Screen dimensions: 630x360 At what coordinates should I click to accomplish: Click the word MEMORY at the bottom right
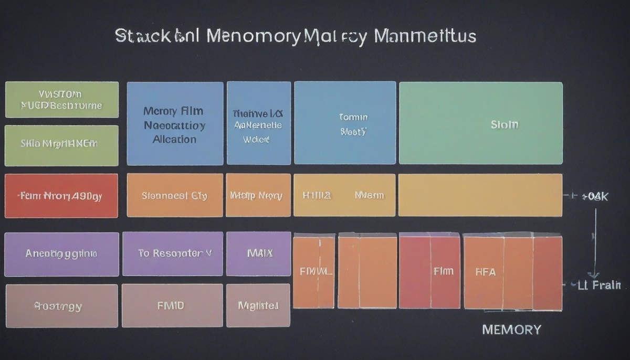[511, 330]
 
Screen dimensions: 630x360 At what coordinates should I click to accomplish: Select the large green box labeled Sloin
[480, 123]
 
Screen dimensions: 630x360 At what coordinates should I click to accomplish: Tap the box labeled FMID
[172, 305]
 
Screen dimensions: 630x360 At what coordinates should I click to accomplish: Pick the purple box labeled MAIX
[258, 254]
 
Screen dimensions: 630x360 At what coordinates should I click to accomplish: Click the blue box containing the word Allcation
[175, 123]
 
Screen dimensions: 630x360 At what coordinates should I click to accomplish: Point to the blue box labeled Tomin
[345, 123]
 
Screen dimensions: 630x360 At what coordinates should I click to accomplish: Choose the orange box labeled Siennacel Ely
[175, 195]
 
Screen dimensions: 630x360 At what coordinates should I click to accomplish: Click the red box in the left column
[61, 196]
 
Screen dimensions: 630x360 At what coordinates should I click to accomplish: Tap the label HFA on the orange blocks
[485, 272]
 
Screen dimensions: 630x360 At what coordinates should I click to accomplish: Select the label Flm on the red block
[443, 271]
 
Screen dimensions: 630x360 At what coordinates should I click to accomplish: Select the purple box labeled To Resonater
[172, 254]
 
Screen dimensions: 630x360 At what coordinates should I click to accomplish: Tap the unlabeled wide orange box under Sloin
[480, 195]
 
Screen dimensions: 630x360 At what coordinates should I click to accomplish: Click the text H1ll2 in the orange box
[317, 195]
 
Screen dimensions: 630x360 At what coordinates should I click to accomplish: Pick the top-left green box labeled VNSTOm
[61, 100]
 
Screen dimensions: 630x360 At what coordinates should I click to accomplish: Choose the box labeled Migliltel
[258, 305]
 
